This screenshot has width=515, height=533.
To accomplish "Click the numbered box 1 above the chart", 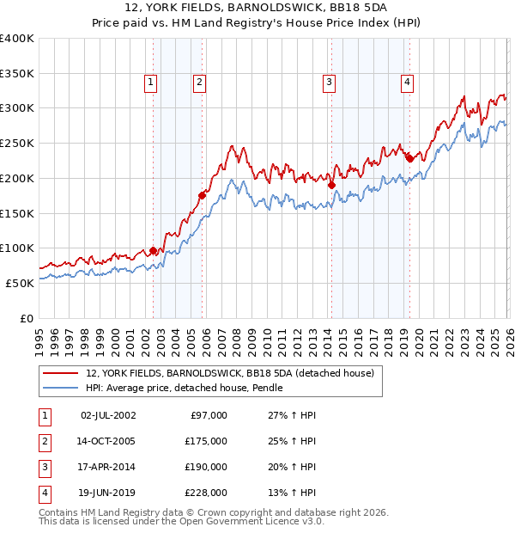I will tap(150, 83).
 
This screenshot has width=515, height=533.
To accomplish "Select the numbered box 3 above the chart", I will tap(329, 83).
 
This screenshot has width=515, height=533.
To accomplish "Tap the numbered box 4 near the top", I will tap(407, 83).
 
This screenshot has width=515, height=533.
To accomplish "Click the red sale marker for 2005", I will tap(203, 195).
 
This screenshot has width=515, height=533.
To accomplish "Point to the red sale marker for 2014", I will tap(331, 184).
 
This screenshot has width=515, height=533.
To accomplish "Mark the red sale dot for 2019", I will tap(409, 158).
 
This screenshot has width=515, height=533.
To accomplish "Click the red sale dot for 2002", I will tap(154, 250).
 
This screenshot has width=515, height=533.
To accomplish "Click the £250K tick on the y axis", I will tap(17, 143).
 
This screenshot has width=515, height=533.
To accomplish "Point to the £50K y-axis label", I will tap(20, 283).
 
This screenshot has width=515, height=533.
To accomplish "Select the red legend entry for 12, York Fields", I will tap(229, 374).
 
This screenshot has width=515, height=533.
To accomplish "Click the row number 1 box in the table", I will tap(43, 415).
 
